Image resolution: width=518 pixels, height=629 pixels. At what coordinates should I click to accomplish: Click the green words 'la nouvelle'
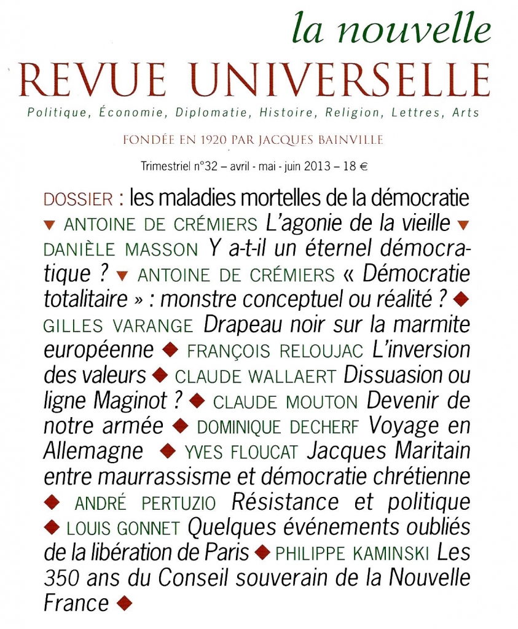tap(391, 29)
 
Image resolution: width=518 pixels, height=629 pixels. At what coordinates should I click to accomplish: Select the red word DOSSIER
tap(79, 200)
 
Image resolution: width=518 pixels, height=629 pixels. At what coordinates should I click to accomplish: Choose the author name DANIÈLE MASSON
tap(120, 250)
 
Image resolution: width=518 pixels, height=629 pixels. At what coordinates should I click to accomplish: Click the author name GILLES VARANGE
tap(118, 326)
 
